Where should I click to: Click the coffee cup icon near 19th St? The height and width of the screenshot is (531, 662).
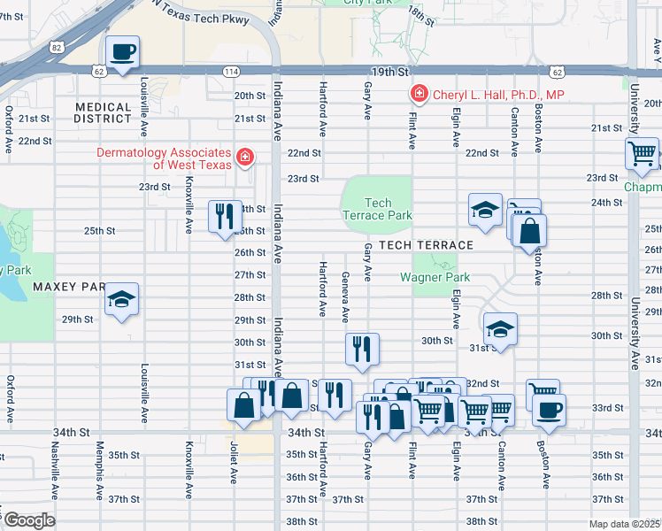[x=123, y=51]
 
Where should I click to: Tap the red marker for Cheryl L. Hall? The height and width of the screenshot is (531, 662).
[x=418, y=94]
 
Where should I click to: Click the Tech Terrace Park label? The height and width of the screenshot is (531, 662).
[x=377, y=209]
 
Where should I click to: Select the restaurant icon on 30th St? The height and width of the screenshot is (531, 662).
[x=362, y=348]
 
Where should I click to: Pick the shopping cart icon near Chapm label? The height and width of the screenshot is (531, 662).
[x=641, y=152]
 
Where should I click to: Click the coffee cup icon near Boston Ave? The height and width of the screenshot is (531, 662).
[x=549, y=410]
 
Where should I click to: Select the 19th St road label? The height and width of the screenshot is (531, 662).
[x=397, y=71]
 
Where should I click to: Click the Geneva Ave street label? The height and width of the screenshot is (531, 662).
[x=345, y=296]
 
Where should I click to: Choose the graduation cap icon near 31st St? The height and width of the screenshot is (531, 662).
[x=500, y=330]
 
